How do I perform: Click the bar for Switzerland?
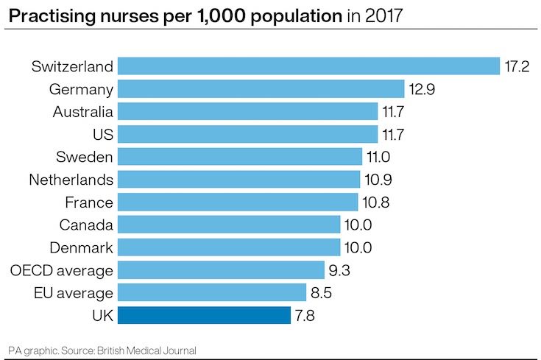(x=309, y=66)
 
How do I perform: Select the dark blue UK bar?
(x=204, y=316)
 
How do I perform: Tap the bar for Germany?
(x=261, y=89)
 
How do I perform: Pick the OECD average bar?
(x=221, y=270)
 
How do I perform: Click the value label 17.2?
(x=517, y=66)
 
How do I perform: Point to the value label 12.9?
(x=422, y=89)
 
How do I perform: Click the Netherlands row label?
(x=71, y=180)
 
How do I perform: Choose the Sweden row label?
(x=85, y=157)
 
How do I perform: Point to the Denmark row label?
(x=81, y=247)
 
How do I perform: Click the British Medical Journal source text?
(x=153, y=349)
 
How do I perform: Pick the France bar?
(x=237, y=202)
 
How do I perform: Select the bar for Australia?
(x=247, y=111)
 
